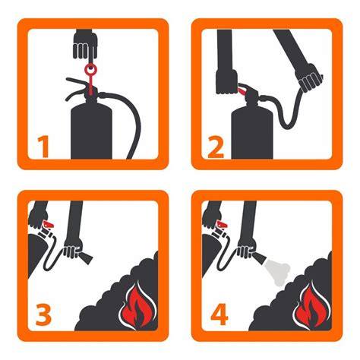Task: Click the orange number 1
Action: [43, 147]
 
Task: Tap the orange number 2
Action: [216, 147]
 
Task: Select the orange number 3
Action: [43, 314]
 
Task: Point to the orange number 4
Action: [219, 314]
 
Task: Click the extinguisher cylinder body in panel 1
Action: [91, 131]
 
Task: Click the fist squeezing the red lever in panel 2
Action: [226, 82]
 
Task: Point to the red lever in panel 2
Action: [242, 90]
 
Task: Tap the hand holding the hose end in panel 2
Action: [309, 77]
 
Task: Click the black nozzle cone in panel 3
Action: [86, 257]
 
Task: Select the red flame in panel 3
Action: [136, 305]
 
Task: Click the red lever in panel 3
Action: [49, 224]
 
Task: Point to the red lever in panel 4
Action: [222, 224]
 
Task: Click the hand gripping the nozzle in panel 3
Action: [72, 249]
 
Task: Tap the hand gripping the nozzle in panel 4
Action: [246, 249]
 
